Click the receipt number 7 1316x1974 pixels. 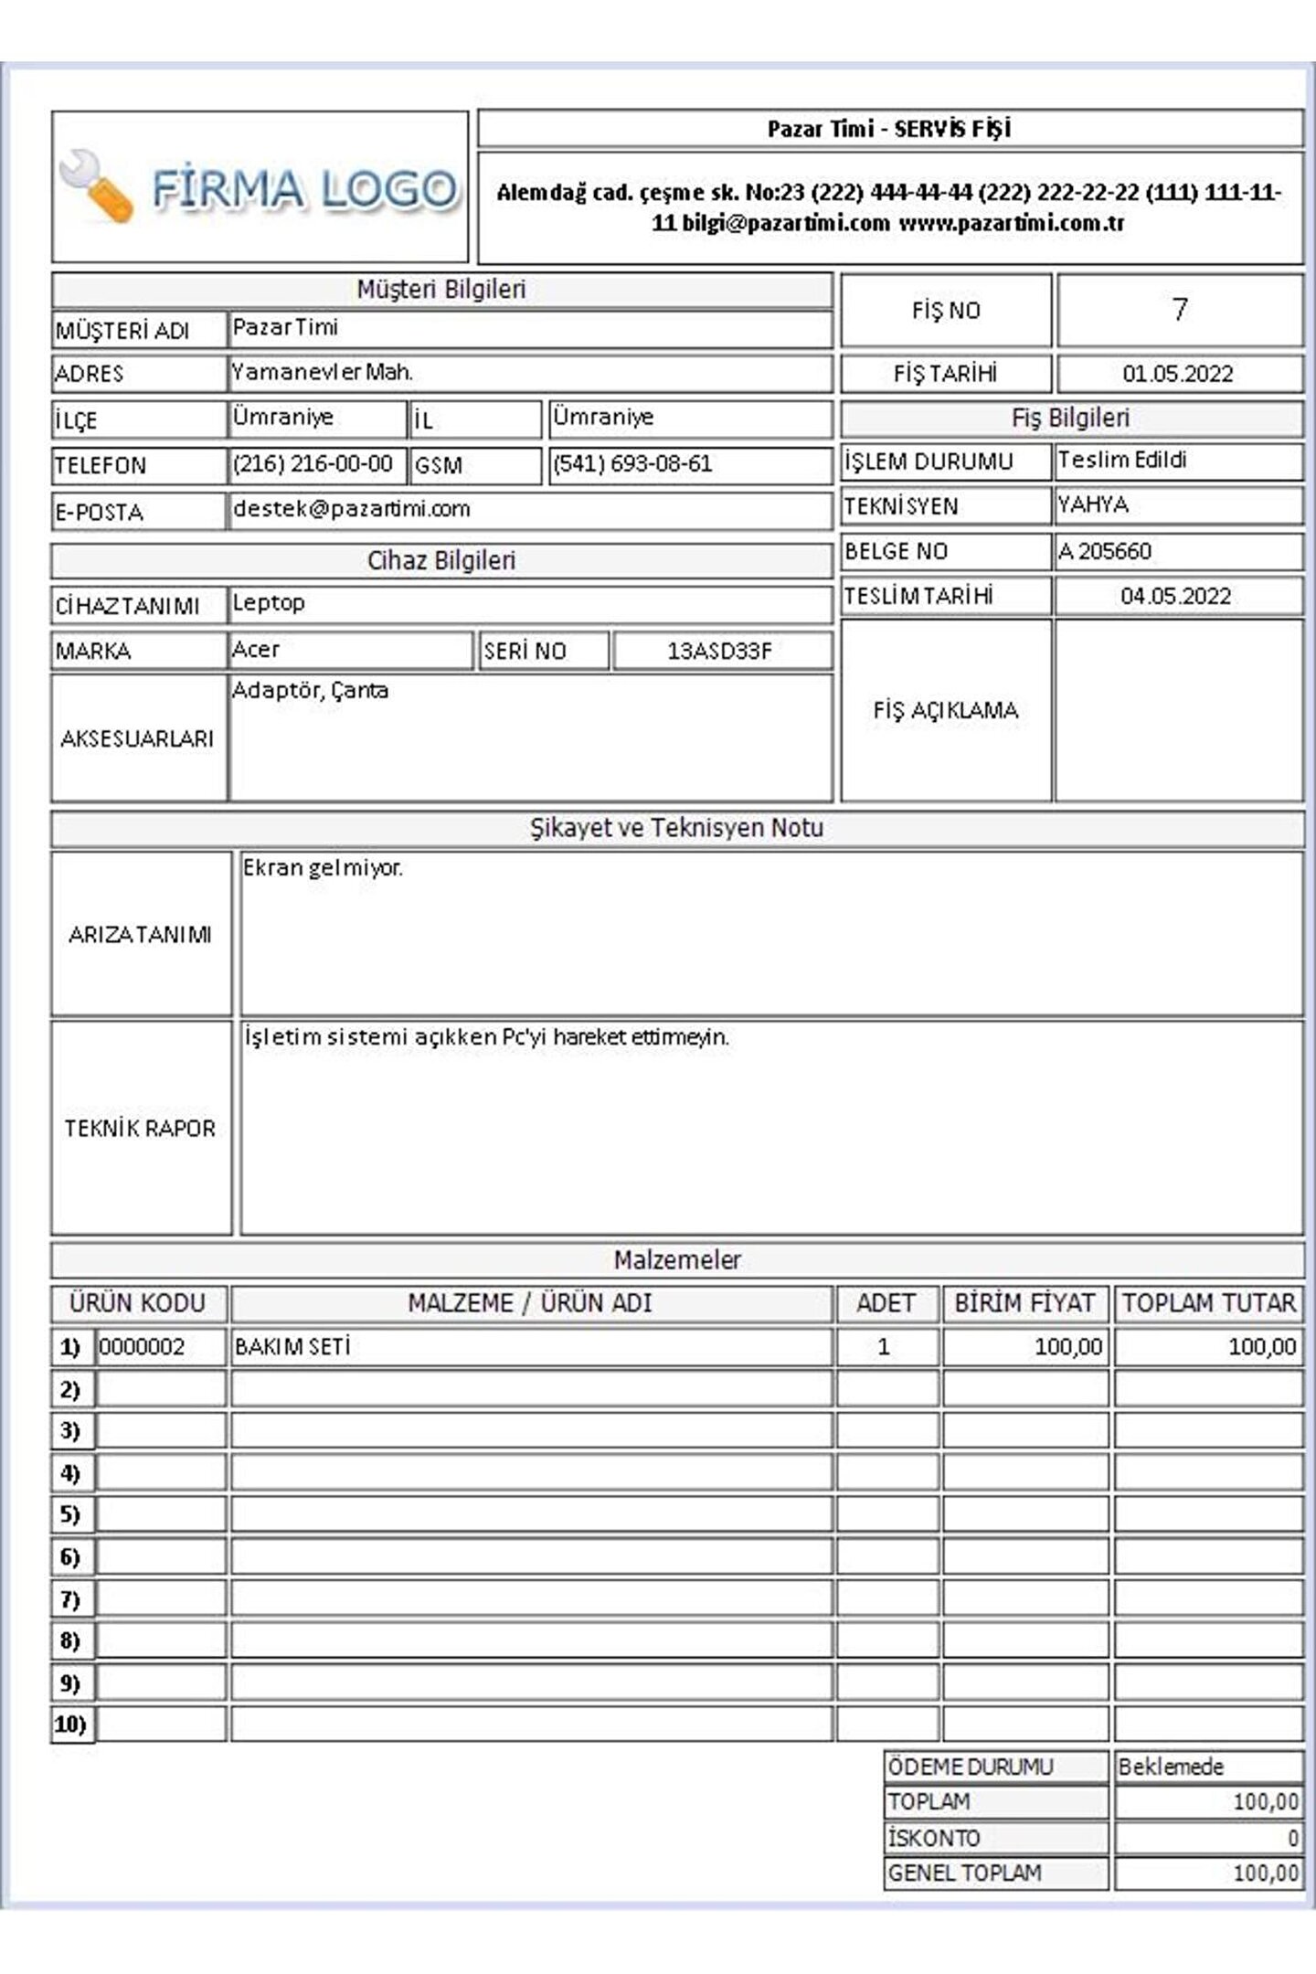point(1180,310)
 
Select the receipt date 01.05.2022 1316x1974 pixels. point(1178,374)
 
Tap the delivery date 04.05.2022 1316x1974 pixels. point(1176,597)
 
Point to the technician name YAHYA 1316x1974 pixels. point(1093,504)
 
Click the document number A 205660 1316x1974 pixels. point(1105,551)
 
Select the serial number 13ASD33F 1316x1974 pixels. point(719,651)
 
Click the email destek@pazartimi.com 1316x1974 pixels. point(352,509)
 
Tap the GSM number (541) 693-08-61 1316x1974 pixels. point(632,464)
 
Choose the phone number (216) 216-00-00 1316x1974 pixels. point(313,464)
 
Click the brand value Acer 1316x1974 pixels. point(256,650)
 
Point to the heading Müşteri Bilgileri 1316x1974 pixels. point(441,290)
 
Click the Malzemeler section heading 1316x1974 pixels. point(677,1260)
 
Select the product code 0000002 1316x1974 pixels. point(142,1347)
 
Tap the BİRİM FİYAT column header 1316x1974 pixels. point(1024,1303)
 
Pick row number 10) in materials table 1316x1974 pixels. point(70,1725)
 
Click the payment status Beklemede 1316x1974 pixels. point(1171,1767)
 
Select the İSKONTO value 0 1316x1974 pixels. point(1292,1838)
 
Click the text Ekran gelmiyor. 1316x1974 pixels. point(323,868)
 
